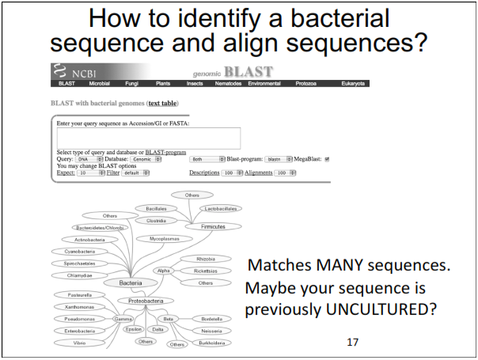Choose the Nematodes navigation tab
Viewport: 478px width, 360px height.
230,83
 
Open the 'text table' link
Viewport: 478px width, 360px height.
162,103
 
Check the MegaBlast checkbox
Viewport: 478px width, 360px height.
325,158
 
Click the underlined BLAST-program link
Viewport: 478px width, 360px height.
165,152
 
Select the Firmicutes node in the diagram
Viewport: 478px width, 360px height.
213,226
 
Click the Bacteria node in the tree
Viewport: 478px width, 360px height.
131,282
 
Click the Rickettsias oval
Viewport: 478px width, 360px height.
205,270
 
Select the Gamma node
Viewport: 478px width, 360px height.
123,319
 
